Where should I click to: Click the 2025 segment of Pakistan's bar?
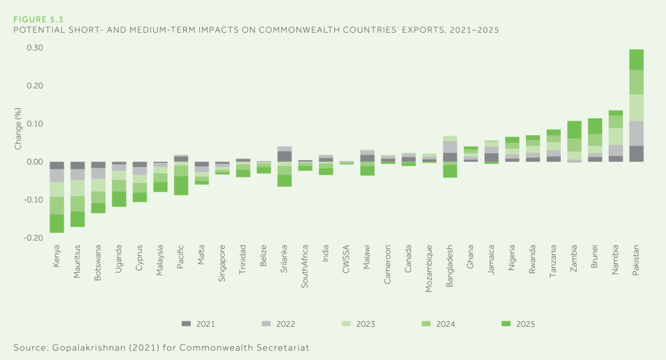[636, 59]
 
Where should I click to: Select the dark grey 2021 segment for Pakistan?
[636, 154]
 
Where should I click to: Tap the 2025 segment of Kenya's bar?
[57, 223]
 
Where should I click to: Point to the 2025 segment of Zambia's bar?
[574, 129]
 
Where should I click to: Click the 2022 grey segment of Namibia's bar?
[615, 150]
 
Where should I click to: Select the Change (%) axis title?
[18, 130]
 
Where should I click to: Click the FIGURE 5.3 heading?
[38, 19]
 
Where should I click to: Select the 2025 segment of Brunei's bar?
[594, 126]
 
